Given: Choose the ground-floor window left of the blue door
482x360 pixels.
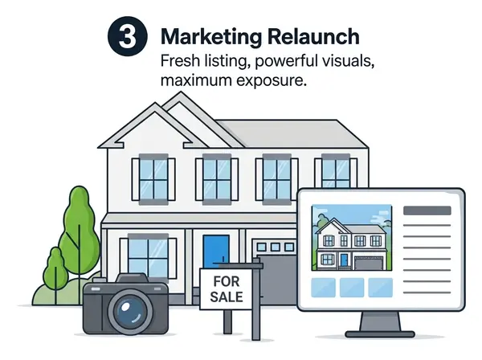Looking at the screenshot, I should tap(150, 256).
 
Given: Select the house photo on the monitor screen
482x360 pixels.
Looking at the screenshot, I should tap(352, 238).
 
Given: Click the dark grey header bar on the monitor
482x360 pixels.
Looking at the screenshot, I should tap(427, 211).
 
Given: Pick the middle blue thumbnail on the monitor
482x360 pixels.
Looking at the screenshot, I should tap(352, 286).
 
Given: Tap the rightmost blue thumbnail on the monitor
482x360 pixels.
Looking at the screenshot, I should tap(378, 286).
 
